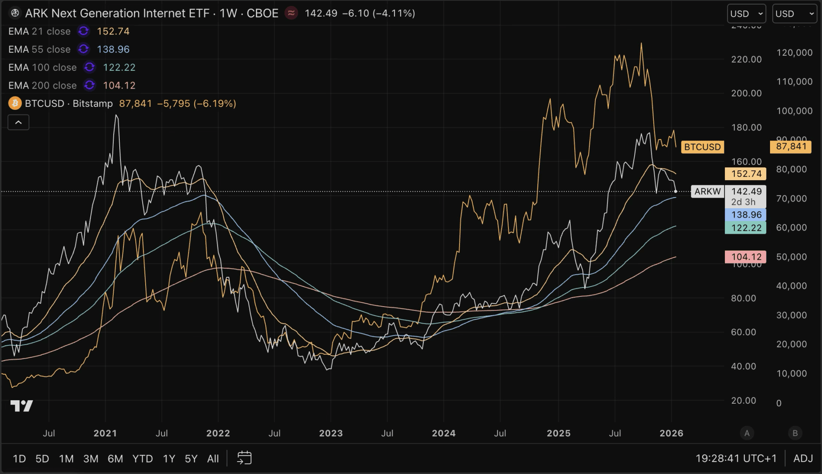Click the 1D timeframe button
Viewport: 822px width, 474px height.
19,459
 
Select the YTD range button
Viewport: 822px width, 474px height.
142,459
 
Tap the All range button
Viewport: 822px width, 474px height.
213,459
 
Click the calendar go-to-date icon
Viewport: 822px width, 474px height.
244,458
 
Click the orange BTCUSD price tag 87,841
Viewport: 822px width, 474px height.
790,147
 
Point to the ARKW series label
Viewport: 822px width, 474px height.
707,192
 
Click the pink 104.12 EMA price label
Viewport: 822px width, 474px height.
745,257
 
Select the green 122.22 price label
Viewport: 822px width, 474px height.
745,228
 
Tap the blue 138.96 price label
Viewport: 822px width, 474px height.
745,215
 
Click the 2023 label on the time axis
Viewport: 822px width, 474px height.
331,434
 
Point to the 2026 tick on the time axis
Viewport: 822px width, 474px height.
671,434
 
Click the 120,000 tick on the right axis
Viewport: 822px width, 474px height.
794,53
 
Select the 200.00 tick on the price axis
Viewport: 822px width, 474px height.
746,93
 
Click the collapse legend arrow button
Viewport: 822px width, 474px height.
18,123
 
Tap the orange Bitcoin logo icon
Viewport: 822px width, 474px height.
15,103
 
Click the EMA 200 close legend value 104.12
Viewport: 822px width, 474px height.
119,86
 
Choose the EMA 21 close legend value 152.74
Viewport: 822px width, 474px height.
113,32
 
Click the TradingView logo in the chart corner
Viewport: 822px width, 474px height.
21,406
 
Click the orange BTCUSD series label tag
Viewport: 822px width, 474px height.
702,147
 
